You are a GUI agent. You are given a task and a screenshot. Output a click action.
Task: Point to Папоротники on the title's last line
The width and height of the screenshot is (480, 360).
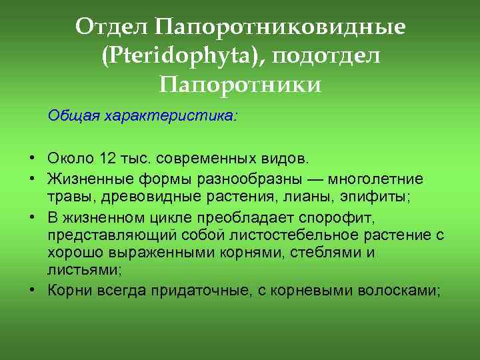(241, 85)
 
